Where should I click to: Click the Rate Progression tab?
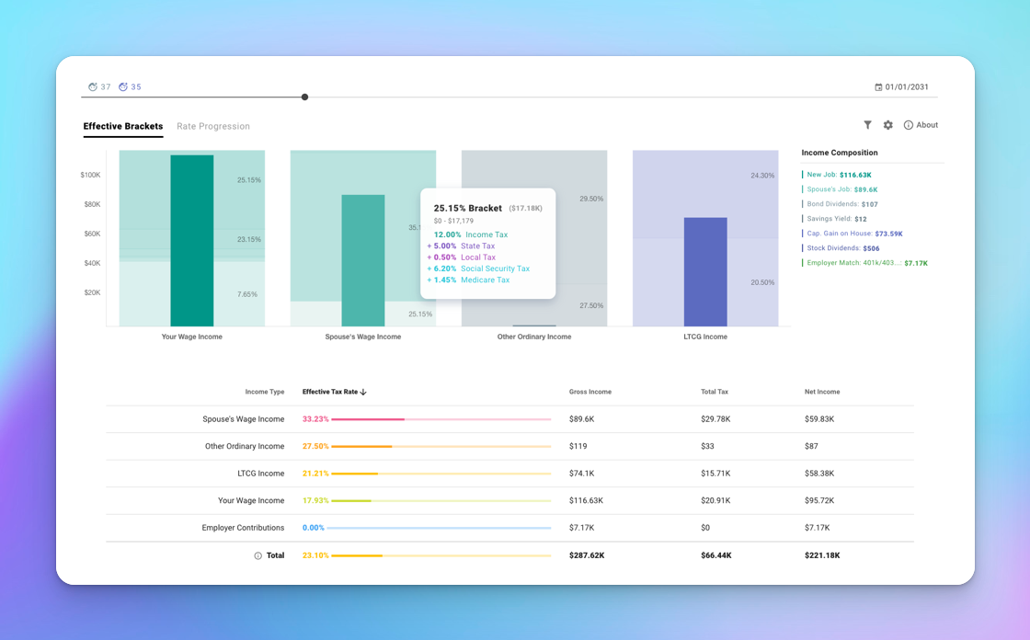click(212, 127)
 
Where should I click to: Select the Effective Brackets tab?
click(123, 127)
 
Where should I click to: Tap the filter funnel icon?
click(867, 125)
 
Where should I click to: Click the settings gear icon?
click(888, 125)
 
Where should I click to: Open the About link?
click(921, 125)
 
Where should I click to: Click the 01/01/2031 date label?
click(906, 87)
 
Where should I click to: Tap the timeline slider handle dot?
click(304, 97)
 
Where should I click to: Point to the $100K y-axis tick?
click(90, 175)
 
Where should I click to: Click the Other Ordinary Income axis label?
click(534, 337)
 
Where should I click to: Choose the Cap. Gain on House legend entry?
click(854, 234)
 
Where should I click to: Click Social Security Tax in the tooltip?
click(495, 269)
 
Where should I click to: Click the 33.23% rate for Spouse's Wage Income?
click(315, 419)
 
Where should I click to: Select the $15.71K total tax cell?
click(715, 474)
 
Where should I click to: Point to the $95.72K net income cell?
click(819, 501)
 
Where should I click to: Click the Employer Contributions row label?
click(243, 528)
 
